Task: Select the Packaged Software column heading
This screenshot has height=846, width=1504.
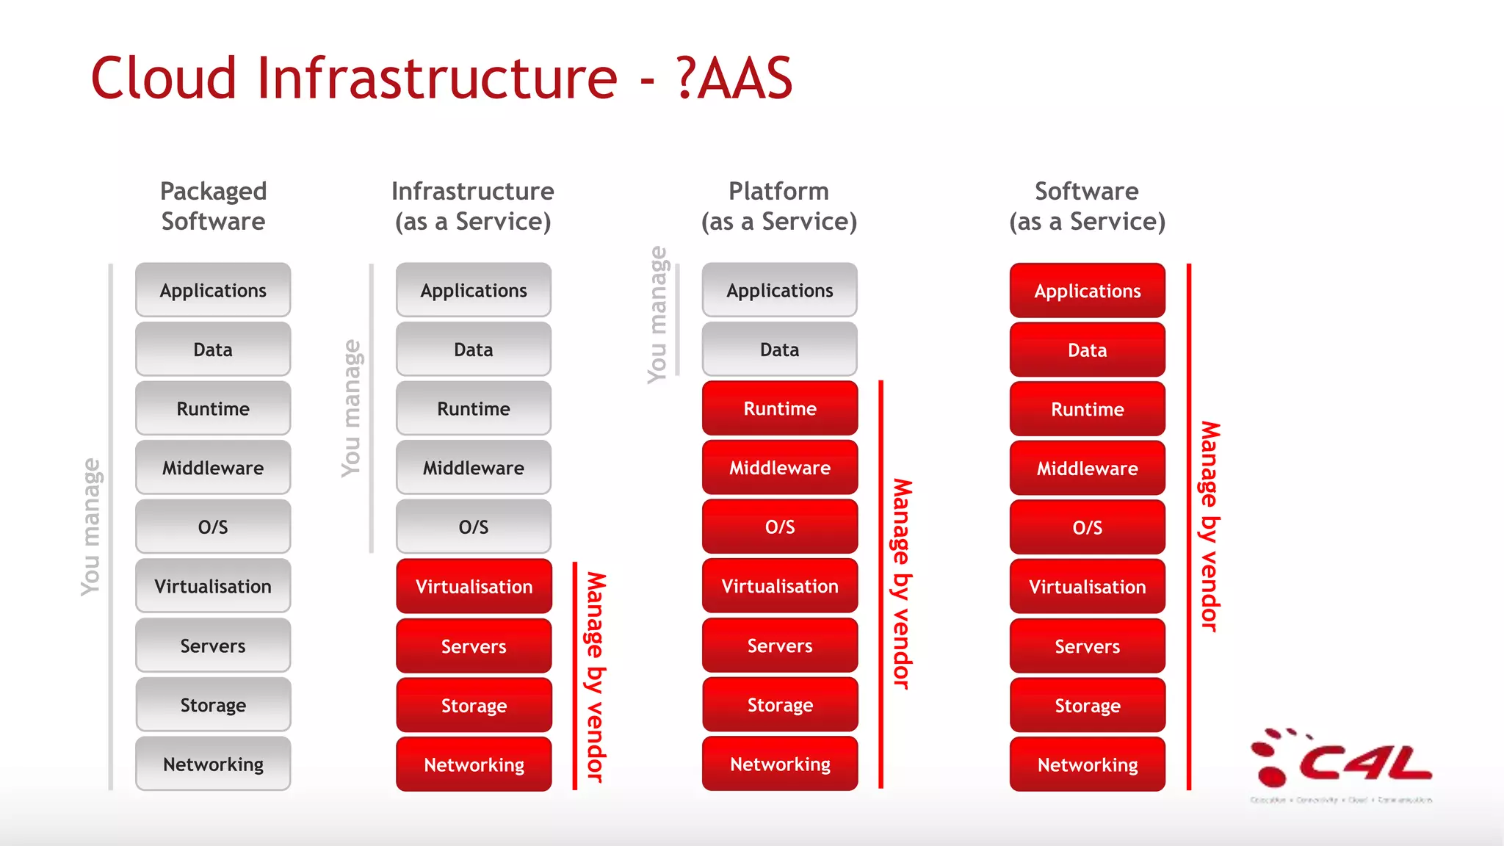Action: point(213,206)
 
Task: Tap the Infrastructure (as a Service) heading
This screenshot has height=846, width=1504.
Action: point(473,206)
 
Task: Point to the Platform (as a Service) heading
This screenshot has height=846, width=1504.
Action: point(779,206)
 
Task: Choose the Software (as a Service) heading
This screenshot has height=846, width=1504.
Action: point(1087,206)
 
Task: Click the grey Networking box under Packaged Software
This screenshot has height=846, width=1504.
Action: point(213,764)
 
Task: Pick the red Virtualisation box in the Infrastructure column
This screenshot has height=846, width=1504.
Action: point(474,587)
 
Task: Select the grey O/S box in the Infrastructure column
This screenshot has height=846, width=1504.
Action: point(474,527)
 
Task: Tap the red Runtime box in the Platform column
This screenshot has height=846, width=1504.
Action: point(780,408)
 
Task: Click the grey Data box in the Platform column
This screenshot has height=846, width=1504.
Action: point(780,350)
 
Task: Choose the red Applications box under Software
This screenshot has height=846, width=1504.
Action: point(1088,291)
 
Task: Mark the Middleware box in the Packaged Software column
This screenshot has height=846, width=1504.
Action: point(213,468)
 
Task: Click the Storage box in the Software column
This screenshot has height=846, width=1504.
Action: point(1088,706)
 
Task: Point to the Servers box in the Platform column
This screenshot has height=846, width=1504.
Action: point(780,646)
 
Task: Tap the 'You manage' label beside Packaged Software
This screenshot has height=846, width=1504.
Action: point(90,527)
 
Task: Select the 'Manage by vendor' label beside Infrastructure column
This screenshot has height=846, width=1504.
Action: point(596,676)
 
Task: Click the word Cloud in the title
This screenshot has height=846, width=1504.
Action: point(164,79)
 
